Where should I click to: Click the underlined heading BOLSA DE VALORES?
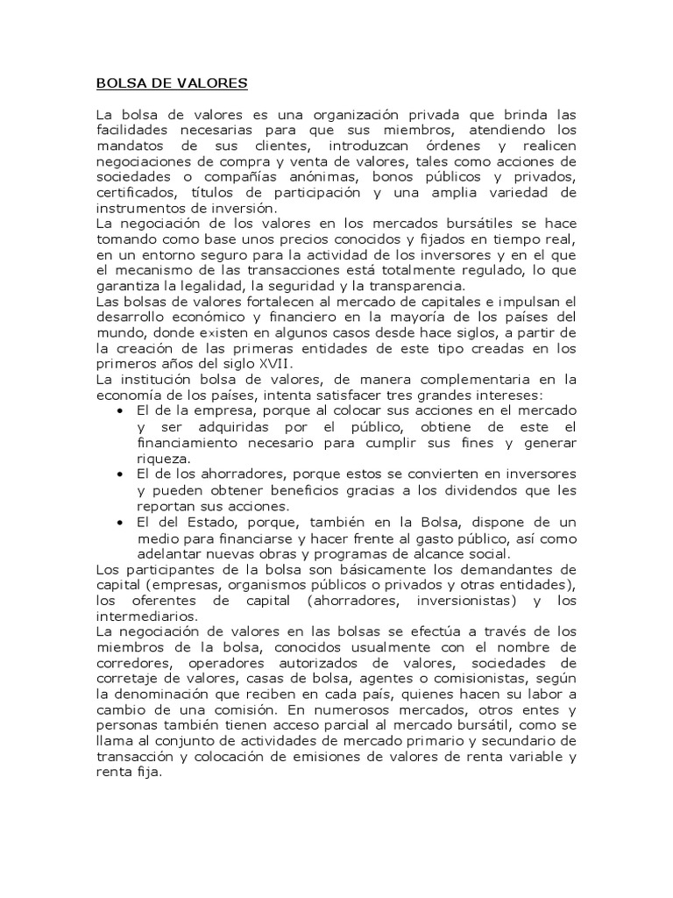click(x=172, y=83)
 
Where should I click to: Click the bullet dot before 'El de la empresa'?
click(x=120, y=411)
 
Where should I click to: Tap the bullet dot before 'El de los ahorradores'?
click(x=120, y=474)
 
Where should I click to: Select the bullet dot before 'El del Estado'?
click(x=120, y=523)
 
